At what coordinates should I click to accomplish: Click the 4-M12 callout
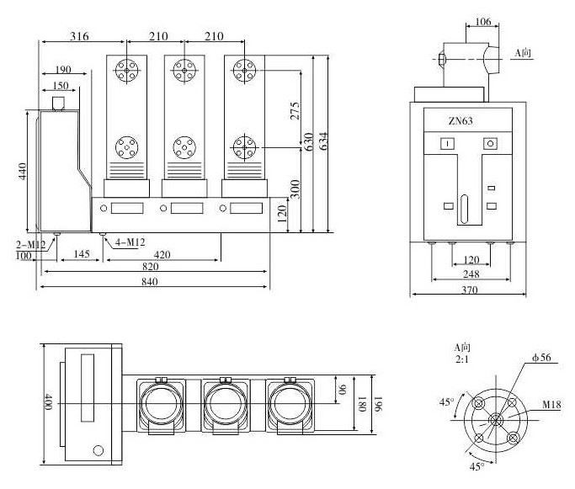[127, 242]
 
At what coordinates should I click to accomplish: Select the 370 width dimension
[467, 290]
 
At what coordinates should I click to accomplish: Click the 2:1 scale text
[461, 359]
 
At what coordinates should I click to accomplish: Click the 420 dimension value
[162, 252]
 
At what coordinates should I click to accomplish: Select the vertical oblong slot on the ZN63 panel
[462, 208]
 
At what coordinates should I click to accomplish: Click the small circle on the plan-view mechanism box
[98, 450]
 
